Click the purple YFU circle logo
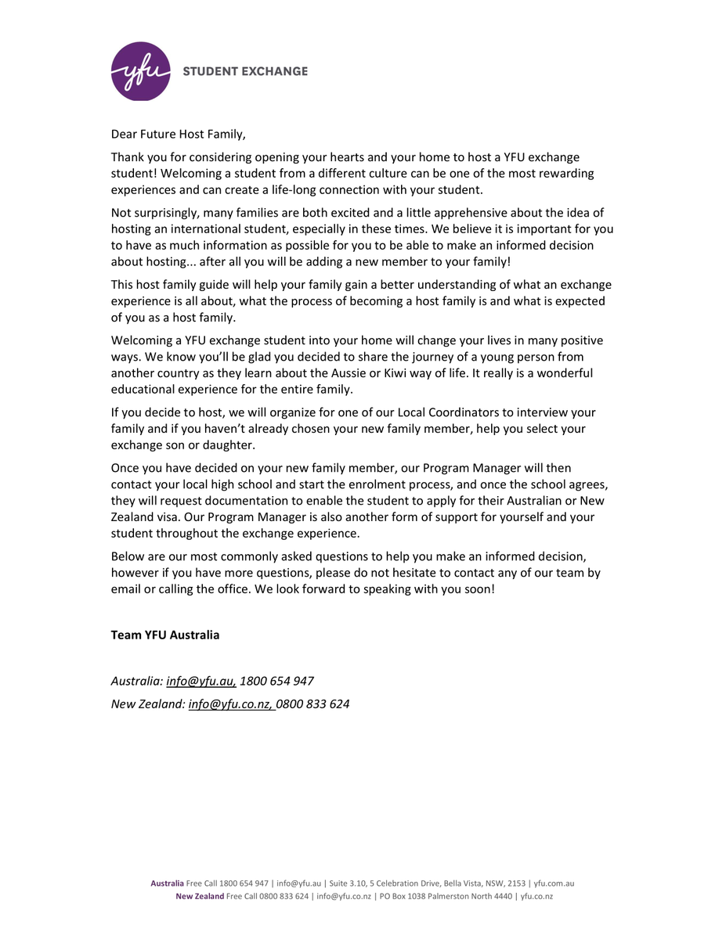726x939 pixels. click(141, 71)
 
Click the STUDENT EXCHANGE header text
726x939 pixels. click(245, 71)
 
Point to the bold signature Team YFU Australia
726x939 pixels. click(165, 635)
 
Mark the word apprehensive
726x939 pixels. click(462, 213)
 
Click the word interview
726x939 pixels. click(545, 412)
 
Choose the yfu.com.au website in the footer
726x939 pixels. click(554, 883)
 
